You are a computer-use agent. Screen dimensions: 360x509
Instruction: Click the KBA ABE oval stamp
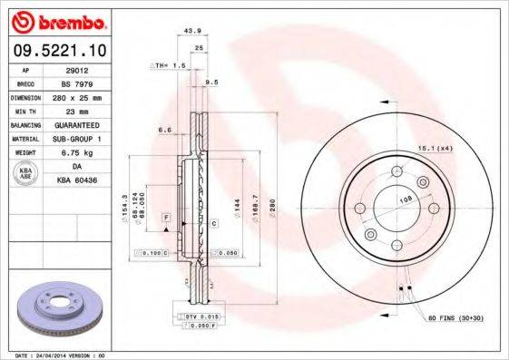point(25,172)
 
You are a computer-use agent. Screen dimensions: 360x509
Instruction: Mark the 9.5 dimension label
point(213,82)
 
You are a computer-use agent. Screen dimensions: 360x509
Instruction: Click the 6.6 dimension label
point(164,130)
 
